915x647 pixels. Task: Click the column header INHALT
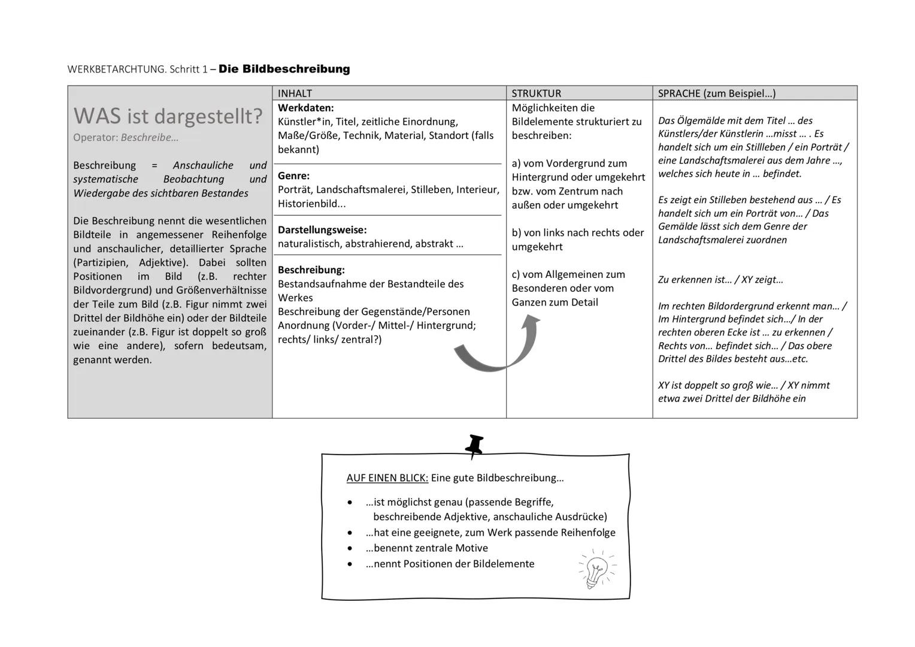(295, 93)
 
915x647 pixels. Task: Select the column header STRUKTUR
(536, 93)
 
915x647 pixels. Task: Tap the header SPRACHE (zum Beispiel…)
(716, 93)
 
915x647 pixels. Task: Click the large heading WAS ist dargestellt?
(168, 116)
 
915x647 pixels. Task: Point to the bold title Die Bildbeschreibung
(284, 69)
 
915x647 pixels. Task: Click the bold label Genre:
(293, 176)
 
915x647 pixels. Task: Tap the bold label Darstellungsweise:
(322, 229)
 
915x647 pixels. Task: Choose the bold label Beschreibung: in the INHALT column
(311, 270)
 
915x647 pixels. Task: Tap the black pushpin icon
(474, 446)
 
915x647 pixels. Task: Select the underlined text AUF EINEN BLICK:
(387, 478)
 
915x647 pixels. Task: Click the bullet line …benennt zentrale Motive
(426, 548)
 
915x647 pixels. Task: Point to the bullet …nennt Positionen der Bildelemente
(449, 564)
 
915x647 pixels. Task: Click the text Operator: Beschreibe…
(126, 137)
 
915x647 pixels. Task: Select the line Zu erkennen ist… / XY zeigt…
(720, 280)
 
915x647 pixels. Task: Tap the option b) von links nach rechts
(577, 233)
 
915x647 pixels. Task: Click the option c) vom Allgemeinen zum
(568, 274)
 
